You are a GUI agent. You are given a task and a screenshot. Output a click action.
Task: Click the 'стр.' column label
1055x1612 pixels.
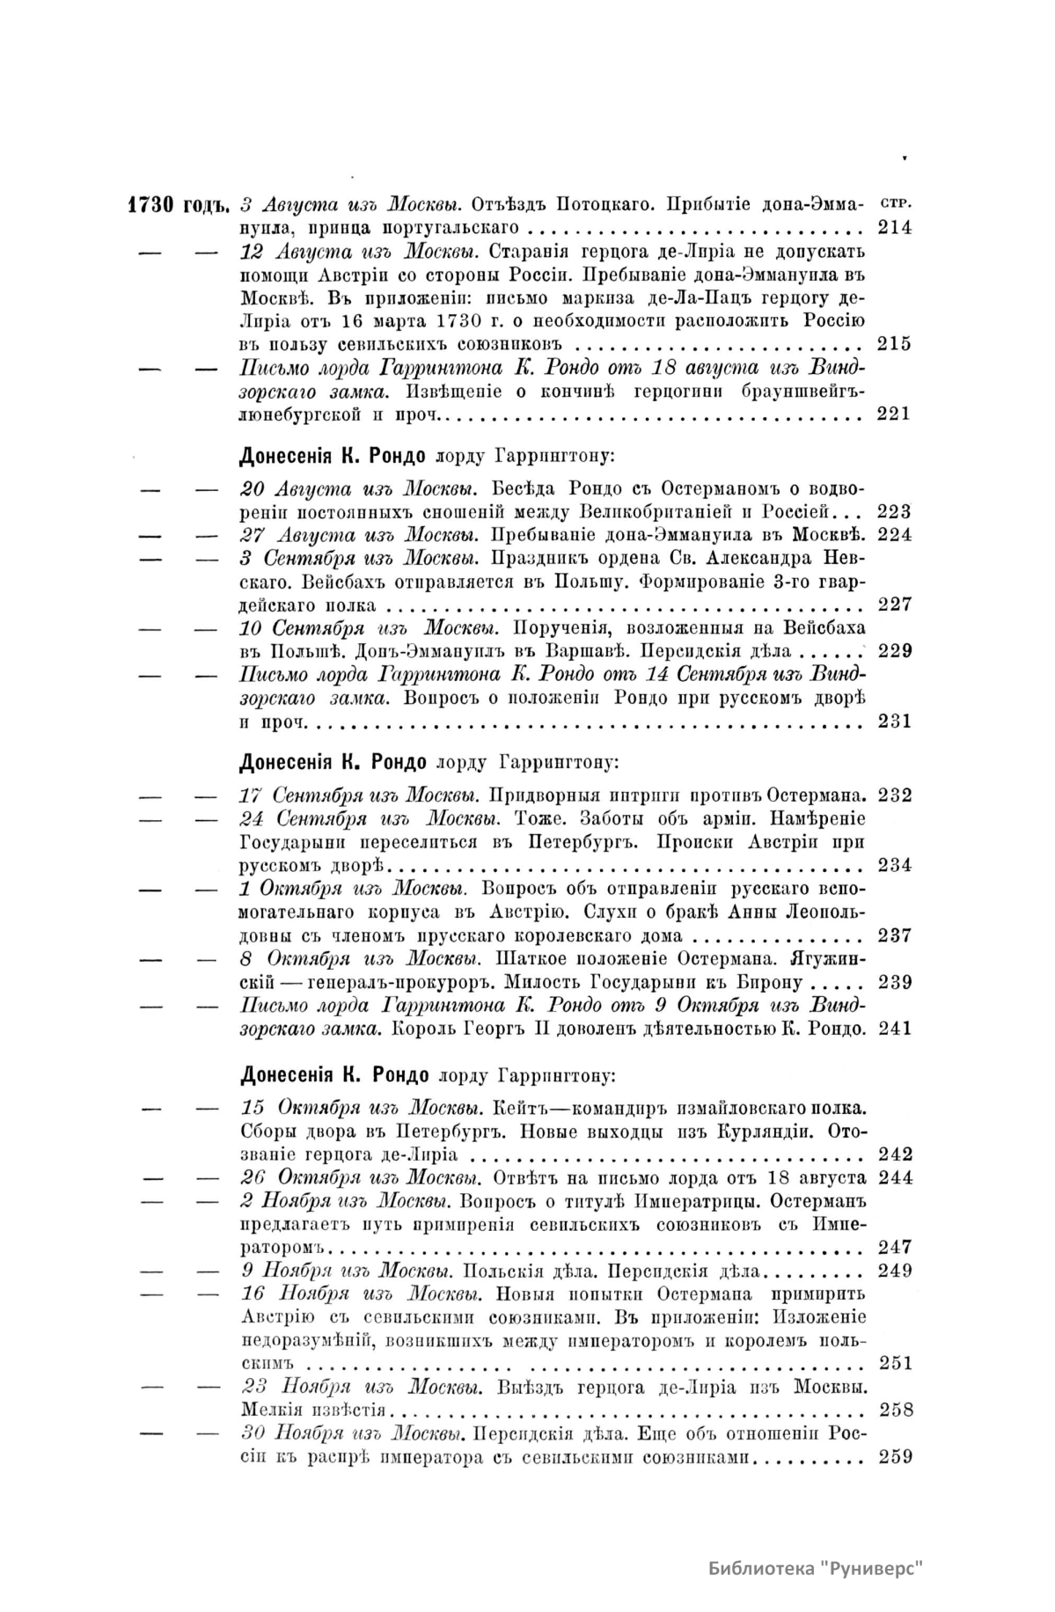(894, 203)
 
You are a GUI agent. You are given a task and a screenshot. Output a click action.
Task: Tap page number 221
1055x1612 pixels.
(894, 414)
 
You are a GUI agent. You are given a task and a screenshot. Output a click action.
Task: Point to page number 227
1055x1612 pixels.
(894, 604)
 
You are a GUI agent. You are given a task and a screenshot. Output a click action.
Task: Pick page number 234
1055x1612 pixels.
(894, 865)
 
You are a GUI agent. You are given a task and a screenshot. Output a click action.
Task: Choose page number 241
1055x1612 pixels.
(894, 1028)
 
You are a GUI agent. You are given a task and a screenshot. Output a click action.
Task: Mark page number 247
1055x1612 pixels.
(894, 1247)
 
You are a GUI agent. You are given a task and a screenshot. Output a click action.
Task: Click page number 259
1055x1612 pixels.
(894, 1456)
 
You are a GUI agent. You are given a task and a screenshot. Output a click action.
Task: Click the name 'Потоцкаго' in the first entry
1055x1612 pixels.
(603, 206)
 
